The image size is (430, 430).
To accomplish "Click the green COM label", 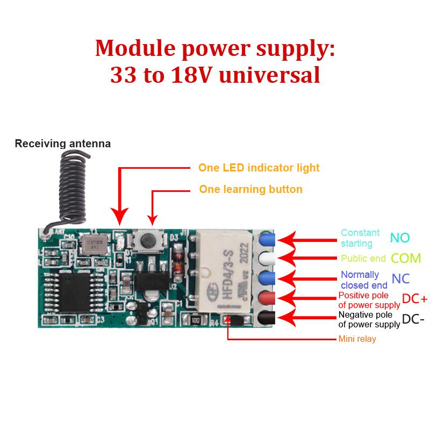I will (406, 258).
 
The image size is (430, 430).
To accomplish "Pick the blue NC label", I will (401, 279).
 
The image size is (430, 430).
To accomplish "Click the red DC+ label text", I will (414, 299).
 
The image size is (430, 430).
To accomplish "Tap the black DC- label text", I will (413, 319).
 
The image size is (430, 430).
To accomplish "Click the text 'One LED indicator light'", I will (259, 168).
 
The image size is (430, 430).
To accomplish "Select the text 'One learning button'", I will (250, 189).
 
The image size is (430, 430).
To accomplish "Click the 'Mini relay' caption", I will (357, 339).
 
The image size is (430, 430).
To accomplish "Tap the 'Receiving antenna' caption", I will (62, 144).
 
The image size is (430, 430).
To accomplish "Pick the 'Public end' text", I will (363, 259).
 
